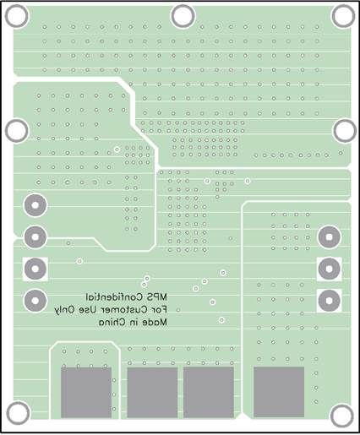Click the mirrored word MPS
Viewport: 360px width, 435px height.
tap(157, 296)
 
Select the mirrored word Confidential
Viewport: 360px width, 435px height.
tap(115, 296)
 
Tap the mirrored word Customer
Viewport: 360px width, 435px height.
tap(124, 310)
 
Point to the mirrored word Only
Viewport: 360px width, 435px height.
tap(65, 311)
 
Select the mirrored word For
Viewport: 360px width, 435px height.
tap(159, 310)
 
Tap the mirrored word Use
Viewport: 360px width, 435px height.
tap(88, 310)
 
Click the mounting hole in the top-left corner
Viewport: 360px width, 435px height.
tap(17, 16)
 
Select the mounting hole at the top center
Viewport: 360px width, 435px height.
tap(183, 16)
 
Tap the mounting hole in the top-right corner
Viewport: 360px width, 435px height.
tap(343, 16)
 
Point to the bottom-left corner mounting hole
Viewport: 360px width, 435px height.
tap(18, 413)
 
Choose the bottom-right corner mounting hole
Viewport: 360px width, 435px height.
tap(342, 416)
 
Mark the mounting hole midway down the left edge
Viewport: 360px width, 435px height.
tap(17, 131)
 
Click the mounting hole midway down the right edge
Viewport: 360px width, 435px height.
tap(345, 131)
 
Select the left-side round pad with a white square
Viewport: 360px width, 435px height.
tap(35, 269)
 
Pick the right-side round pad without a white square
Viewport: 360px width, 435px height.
tap(330, 237)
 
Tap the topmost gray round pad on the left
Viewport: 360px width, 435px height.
tap(35, 205)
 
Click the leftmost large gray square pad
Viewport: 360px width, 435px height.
tap(86, 392)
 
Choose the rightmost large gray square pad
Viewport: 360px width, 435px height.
tap(279, 392)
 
